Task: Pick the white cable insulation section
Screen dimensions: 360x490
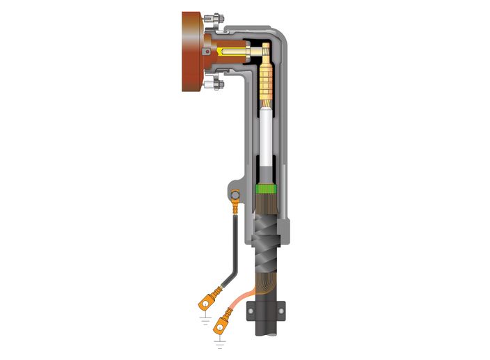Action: pyautogui.click(x=268, y=136)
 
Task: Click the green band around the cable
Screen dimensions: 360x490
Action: pyautogui.click(x=267, y=189)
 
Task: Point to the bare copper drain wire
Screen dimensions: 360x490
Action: pyautogui.click(x=244, y=296)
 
